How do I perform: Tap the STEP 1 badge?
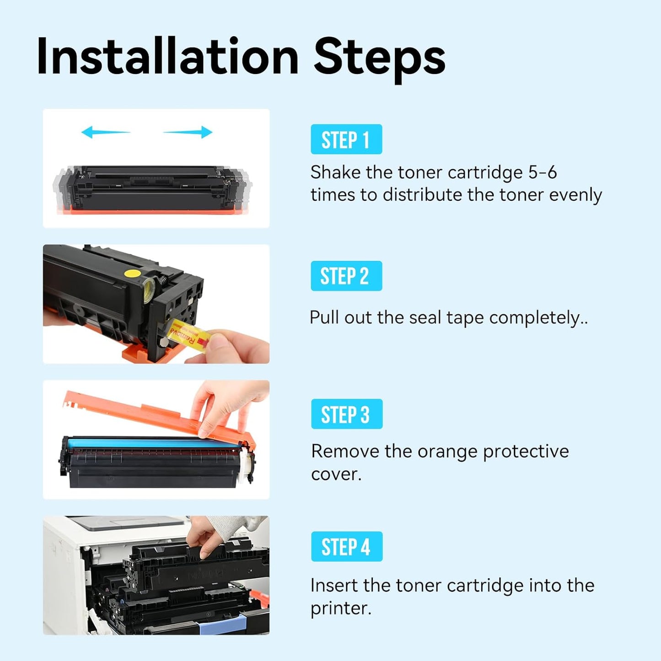pos(346,140)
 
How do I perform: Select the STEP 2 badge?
pos(346,276)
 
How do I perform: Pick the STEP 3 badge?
pos(346,414)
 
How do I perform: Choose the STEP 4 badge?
pos(346,547)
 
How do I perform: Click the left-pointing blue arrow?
pos(105,132)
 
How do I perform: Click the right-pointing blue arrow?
pos(188,132)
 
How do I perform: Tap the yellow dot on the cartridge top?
pos(132,274)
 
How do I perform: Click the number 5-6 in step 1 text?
pos(543,172)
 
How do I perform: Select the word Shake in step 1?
pos(335,172)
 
